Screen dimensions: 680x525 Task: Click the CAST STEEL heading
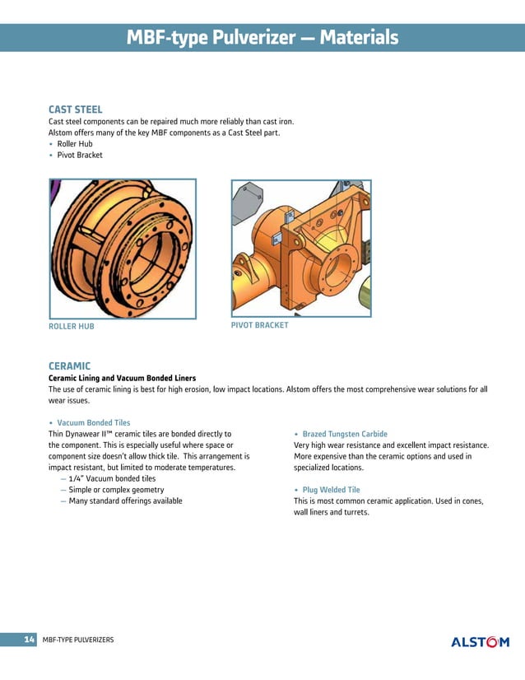click(75, 109)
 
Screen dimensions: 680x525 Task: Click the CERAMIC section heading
click(69, 366)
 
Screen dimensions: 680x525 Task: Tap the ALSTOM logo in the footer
click(480, 642)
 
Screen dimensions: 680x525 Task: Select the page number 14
click(29, 640)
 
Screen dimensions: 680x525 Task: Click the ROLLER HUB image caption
click(72, 327)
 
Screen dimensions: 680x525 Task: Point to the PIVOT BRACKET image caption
click(260, 326)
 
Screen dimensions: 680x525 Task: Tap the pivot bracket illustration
click(301, 246)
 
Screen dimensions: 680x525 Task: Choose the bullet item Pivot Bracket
click(80, 155)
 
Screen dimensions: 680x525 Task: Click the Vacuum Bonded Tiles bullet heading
click(93, 422)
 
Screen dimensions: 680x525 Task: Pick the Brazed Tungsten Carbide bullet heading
click(345, 434)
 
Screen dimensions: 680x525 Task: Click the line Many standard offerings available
click(125, 501)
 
